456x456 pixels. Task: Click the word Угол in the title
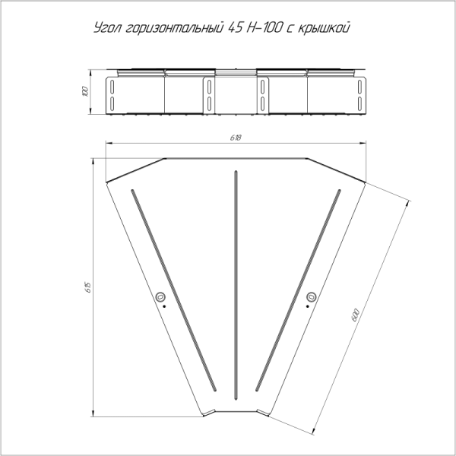(x=107, y=28)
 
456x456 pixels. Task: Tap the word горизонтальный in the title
(x=174, y=29)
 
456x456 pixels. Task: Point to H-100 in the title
(x=264, y=27)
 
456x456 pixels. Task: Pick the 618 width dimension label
(x=236, y=138)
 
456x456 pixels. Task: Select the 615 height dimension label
(x=89, y=287)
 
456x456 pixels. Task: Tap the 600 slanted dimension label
(x=356, y=315)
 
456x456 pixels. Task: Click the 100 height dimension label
(x=85, y=91)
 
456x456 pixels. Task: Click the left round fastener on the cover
(x=160, y=297)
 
